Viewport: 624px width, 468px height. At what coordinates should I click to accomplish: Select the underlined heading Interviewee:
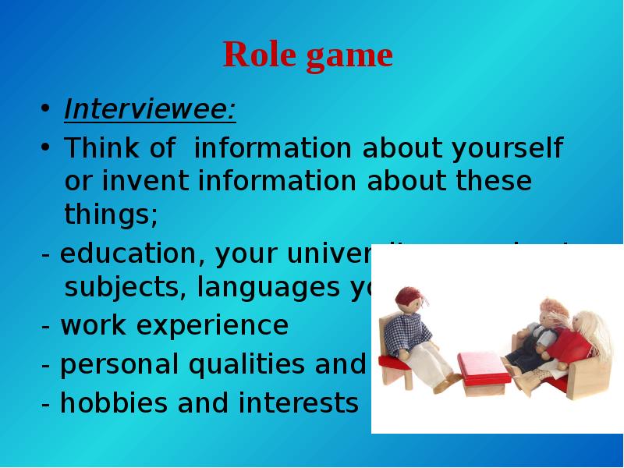tap(150, 110)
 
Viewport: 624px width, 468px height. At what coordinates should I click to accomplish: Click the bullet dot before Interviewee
tap(46, 108)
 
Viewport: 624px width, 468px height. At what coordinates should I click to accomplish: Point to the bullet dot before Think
tap(46, 147)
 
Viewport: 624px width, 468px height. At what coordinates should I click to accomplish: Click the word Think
tap(101, 147)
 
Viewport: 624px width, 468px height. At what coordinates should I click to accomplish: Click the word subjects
tap(125, 288)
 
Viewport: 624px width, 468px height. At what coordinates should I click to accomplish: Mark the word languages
tap(268, 288)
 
